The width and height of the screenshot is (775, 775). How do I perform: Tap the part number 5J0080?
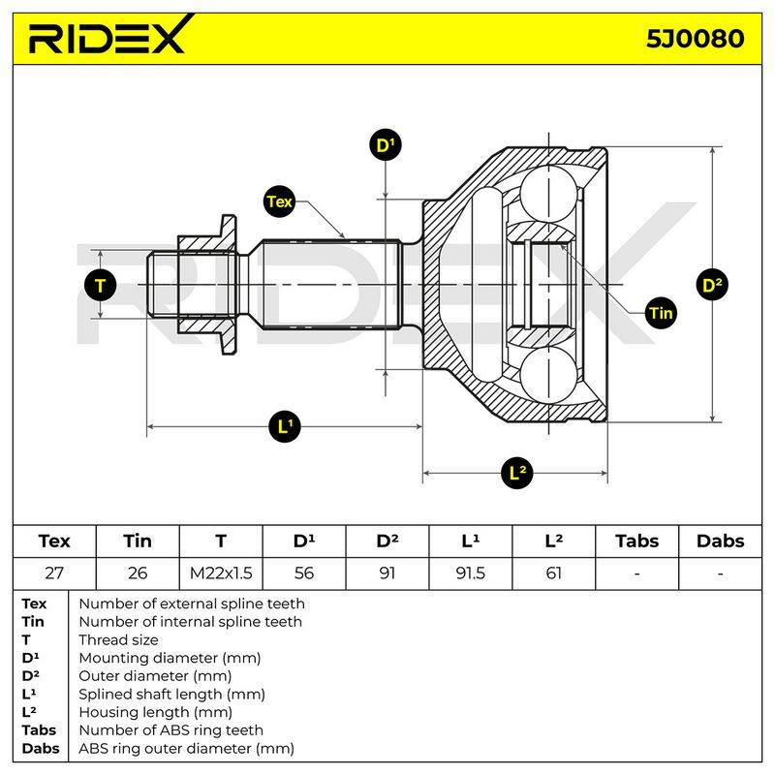click(x=695, y=39)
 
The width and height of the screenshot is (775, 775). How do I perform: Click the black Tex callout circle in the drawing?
click(x=279, y=201)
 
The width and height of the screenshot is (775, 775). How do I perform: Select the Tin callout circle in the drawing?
click(x=661, y=313)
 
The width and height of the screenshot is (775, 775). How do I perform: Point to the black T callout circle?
click(x=101, y=285)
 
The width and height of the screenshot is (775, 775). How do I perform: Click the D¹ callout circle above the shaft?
click(x=386, y=144)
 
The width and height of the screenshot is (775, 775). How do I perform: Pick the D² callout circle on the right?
click(x=712, y=285)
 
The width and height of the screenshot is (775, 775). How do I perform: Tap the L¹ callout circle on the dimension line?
click(x=285, y=426)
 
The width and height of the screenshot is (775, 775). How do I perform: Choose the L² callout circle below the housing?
click(x=516, y=473)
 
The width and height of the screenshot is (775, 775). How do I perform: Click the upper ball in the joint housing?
click(x=548, y=194)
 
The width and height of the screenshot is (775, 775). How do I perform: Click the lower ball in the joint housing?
click(x=548, y=375)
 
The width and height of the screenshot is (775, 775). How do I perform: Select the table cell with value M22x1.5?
click(x=221, y=573)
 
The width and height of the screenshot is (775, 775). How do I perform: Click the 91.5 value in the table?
click(x=470, y=573)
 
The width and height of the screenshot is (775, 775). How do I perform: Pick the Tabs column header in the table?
click(x=636, y=541)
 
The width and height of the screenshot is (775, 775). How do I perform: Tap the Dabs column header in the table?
click(x=720, y=541)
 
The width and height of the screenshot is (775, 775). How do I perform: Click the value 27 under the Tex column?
click(x=54, y=573)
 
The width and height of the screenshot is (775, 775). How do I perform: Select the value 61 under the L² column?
click(x=553, y=573)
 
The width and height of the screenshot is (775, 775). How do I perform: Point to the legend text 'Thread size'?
click(x=118, y=639)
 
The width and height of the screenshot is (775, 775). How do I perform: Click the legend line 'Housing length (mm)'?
click(x=155, y=712)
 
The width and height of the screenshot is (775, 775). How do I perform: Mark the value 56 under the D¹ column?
click(x=304, y=573)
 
